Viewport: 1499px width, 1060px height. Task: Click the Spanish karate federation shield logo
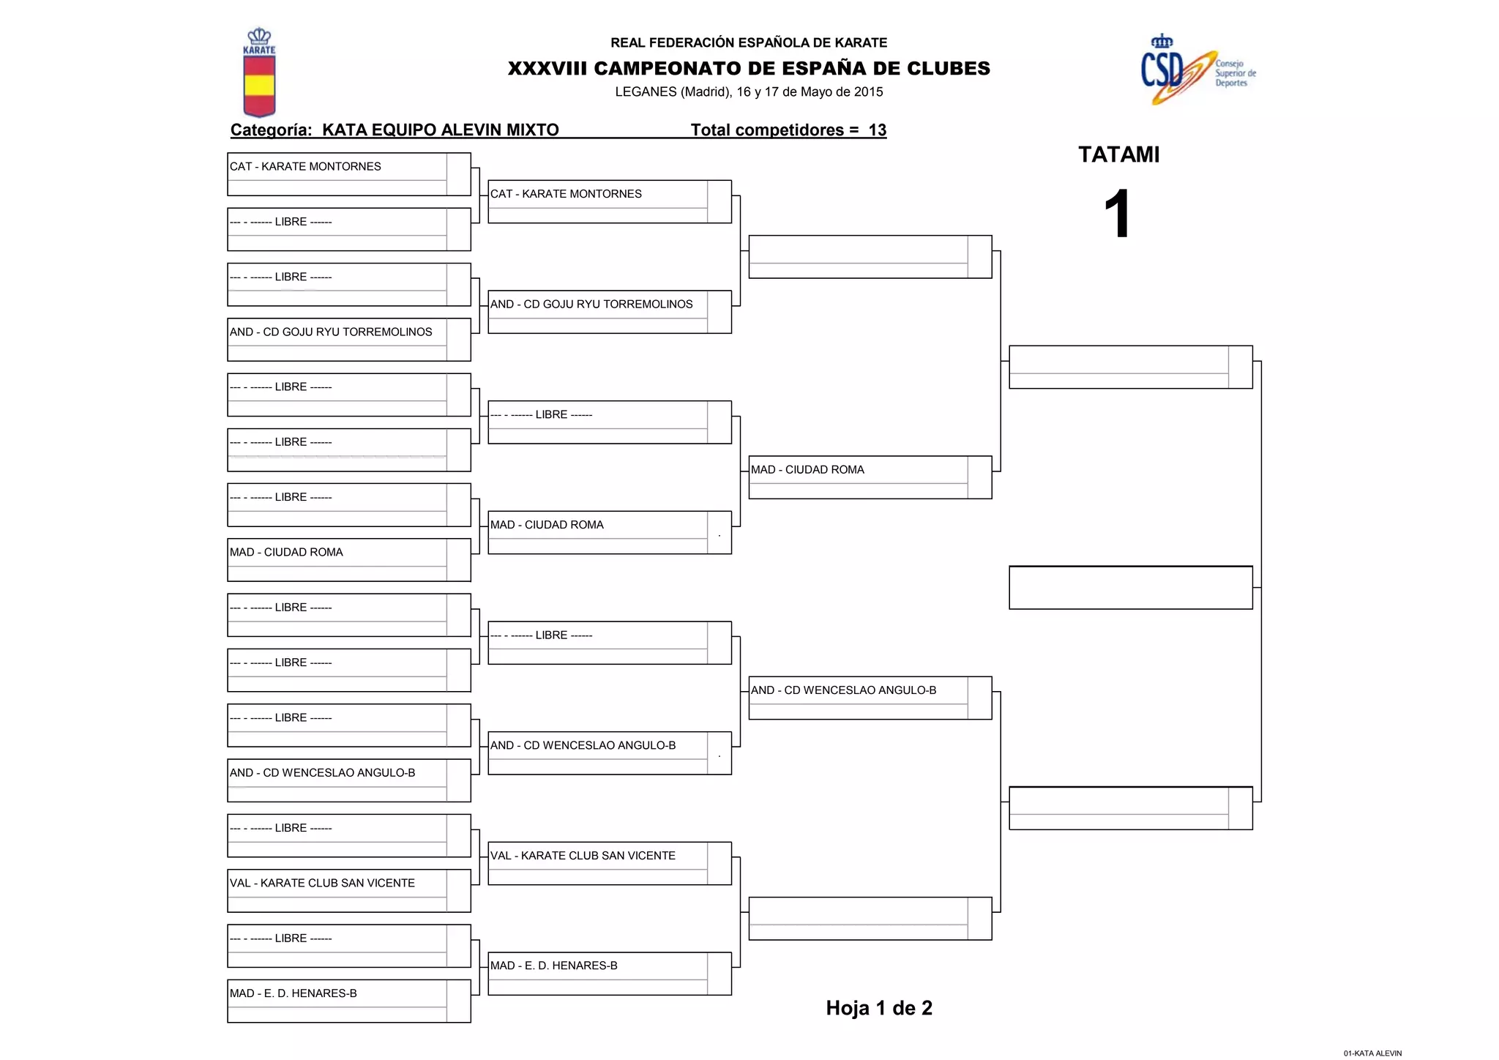[259, 73]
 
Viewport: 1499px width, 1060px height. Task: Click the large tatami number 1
[1118, 213]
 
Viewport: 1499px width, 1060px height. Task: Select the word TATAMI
[1118, 155]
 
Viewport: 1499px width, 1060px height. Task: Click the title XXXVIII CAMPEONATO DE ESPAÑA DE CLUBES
[749, 69]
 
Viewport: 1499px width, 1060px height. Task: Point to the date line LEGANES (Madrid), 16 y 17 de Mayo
[749, 92]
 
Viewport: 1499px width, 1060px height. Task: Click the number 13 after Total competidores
[877, 130]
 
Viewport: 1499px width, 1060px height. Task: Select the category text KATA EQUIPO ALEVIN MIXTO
[440, 130]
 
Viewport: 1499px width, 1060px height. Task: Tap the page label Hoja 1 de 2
[878, 1008]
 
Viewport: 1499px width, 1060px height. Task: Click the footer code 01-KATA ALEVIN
[1372, 1053]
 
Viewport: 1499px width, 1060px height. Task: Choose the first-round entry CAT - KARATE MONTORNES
[305, 167]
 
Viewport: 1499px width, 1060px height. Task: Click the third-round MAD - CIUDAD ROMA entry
[807, 470]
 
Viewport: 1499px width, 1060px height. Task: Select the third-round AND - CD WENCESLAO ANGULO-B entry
[843, 690]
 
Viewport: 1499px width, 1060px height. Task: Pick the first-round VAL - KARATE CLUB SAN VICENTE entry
[322, 884]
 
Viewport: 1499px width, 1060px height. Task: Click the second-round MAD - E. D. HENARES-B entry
[553, 966]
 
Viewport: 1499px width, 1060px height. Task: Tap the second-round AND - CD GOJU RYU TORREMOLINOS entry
[591, 305]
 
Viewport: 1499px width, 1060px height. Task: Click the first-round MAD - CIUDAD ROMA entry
[286, 553]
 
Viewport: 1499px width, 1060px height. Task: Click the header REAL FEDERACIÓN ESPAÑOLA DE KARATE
[749, 43]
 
